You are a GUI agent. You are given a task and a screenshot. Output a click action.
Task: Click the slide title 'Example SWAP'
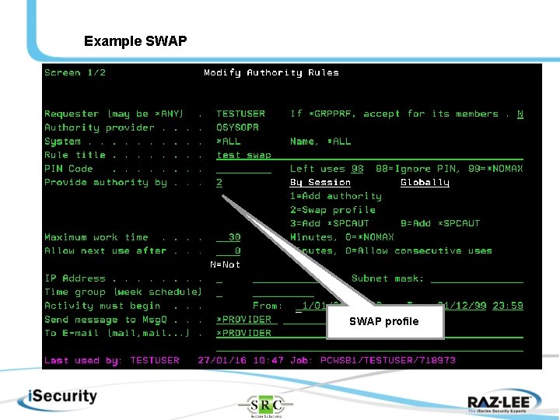[135, 41]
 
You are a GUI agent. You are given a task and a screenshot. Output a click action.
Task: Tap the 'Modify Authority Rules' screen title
[271, 73]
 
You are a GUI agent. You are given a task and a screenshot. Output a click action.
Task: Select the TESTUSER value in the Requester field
[240, 114]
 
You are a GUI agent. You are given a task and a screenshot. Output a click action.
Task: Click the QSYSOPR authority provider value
[237, 128]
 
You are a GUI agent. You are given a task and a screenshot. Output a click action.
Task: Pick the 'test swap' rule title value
[243, 155]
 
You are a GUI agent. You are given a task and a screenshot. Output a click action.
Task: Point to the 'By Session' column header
[320, 183]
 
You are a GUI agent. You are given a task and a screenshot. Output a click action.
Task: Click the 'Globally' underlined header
[425, 183]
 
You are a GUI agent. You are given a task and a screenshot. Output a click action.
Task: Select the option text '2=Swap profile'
[332, 210]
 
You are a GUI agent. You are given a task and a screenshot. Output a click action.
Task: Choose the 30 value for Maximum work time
[233, 237]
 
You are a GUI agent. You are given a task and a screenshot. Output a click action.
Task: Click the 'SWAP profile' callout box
[384, 321]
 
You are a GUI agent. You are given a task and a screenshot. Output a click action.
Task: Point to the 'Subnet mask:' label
[387, 278]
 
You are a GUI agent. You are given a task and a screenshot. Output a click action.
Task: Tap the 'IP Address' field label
[75, 278]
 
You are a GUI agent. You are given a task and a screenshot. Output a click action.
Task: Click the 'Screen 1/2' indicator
[75, 73]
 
